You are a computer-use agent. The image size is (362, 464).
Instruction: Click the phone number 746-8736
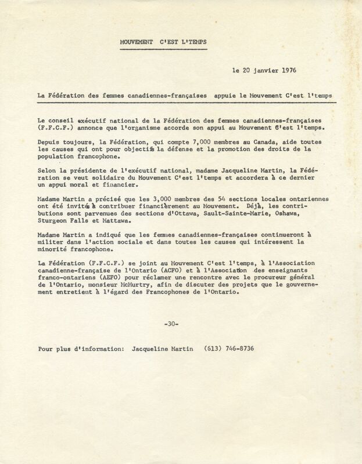(x=236, y=349)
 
